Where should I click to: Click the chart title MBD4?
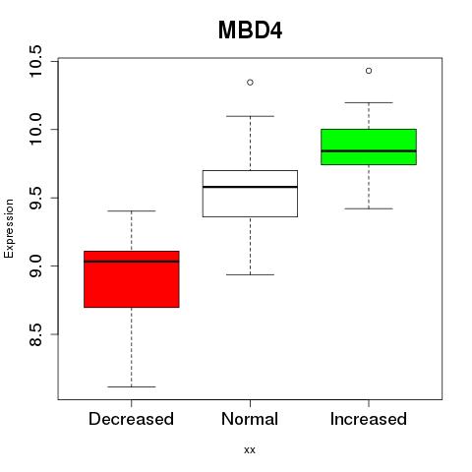point(250,30)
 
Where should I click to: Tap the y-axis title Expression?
point(9,228)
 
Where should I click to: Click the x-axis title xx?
point(250,450)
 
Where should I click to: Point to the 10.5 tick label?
point(34,61)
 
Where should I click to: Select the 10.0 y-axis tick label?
point(34,129)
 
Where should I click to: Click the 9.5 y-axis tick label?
point(34,198)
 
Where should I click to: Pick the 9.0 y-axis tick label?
point(34,266)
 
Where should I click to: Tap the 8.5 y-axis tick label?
point(34,334)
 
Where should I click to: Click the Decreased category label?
point(131,419)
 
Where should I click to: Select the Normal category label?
point(250,419)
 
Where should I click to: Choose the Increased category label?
point(369,419)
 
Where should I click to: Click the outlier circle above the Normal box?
point(250,83)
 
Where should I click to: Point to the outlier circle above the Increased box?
point(369,71)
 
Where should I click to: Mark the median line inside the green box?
point(369,151)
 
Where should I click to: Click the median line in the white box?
point(250,187)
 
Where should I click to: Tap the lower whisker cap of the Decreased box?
point(132,386)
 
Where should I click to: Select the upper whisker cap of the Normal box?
point(250,116)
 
